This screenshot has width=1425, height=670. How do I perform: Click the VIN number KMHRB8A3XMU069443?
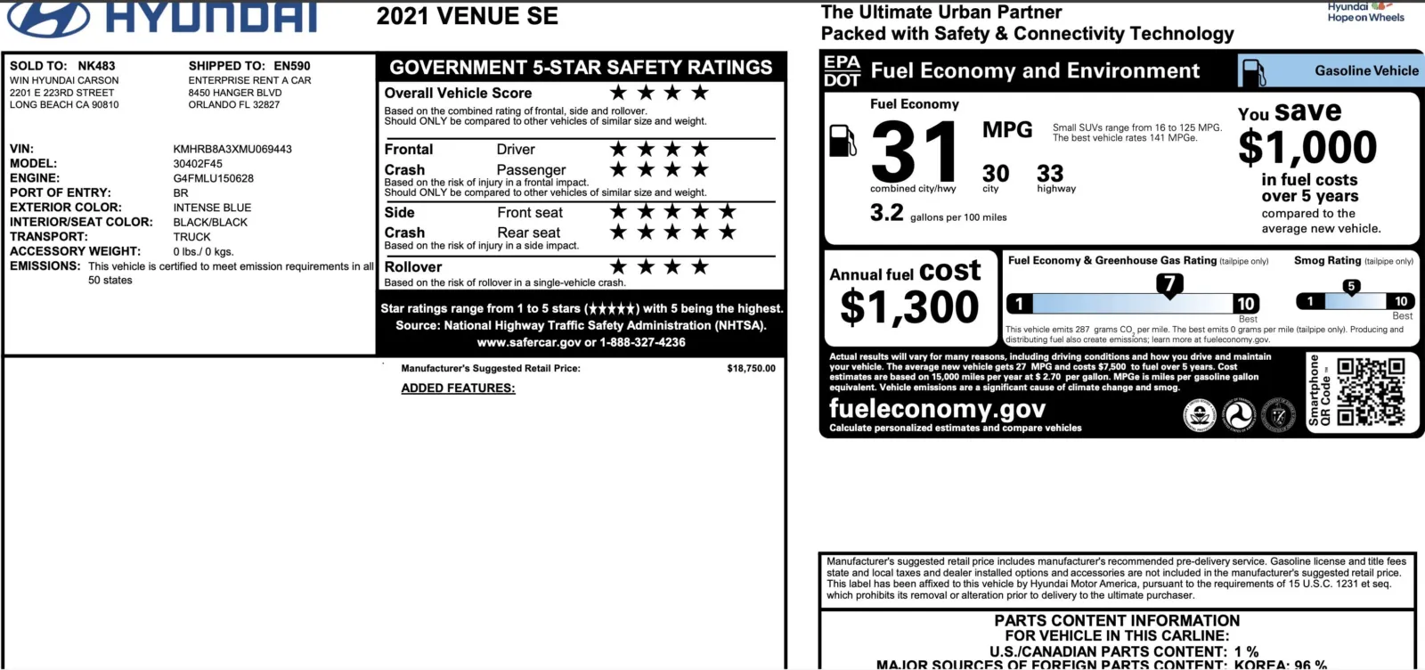[232, 149]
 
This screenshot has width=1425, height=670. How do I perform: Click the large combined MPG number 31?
[914, 151]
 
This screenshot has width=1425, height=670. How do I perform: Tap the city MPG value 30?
[996, 173]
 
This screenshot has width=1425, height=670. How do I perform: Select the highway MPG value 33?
[1050, 173]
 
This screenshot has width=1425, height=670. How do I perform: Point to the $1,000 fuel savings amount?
[1307, 147]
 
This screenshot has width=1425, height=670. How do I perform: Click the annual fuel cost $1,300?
[909, 307]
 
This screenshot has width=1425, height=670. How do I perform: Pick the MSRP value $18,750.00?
[751, 368]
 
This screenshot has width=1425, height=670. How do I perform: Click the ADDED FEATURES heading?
[458, 388]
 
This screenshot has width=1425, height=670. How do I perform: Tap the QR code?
[1371, 392]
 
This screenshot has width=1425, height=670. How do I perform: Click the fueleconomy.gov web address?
[937, 409]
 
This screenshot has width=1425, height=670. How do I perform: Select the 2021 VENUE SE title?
[468, 16]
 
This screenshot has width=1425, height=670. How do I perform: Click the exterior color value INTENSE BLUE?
[212, 208]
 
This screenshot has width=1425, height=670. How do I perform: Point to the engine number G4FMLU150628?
[214, 178]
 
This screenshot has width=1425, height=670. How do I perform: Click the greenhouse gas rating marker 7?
[1169, 284]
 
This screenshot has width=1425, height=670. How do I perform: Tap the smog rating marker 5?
[1351, 287]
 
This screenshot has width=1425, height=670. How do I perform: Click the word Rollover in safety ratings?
[413, 267]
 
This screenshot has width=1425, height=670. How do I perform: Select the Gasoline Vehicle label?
[1366, 70]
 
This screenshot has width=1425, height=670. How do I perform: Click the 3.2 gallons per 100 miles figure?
[887, 213]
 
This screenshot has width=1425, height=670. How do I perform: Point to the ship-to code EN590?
[292, 66]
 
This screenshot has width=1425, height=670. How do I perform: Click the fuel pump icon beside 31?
[843, 141]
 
